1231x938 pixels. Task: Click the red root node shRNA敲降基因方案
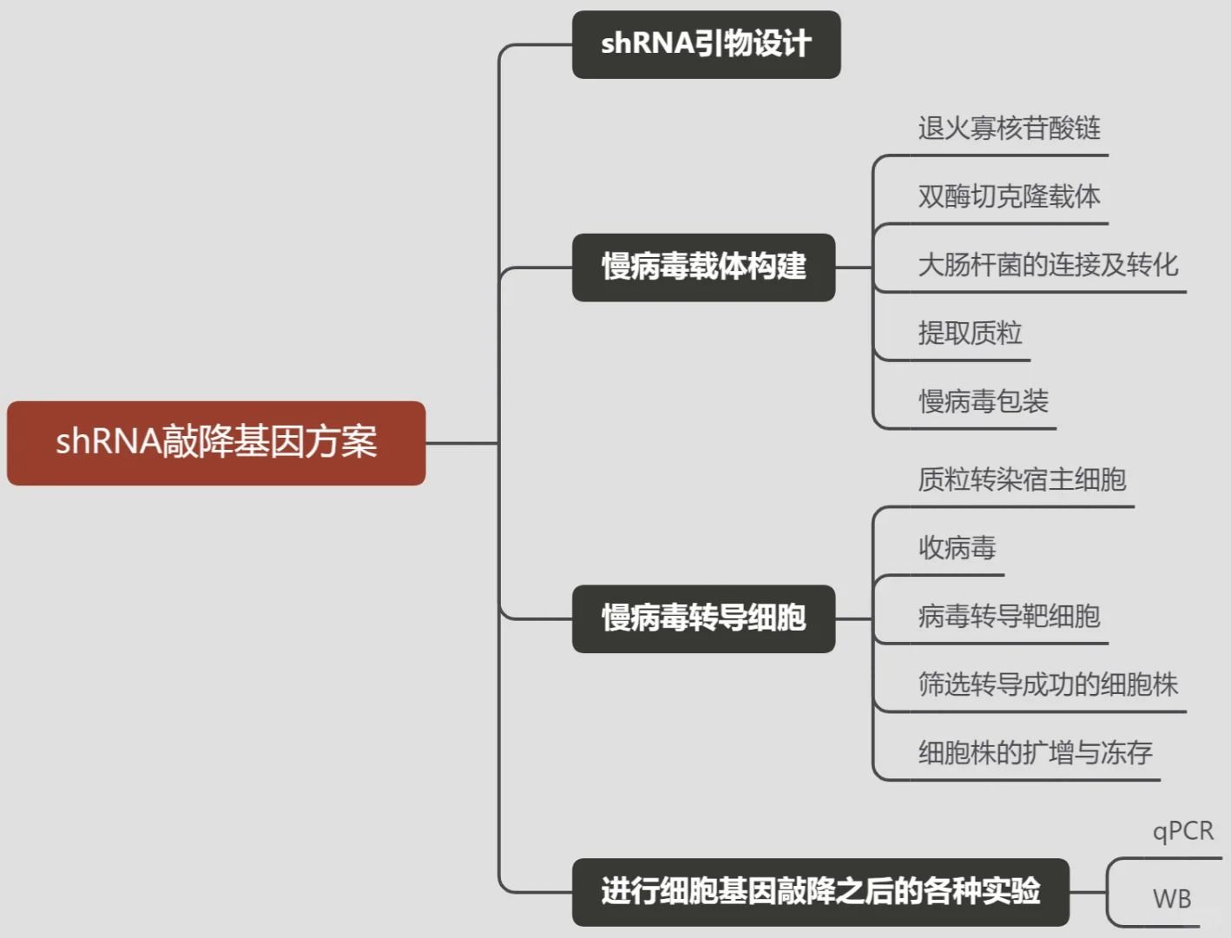click(216, 442)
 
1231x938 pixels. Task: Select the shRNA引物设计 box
click(706, 44)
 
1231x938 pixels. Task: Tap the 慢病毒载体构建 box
click(703, 267)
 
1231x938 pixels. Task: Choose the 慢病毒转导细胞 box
click(703, 618)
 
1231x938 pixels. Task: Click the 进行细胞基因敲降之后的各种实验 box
click(820, 891)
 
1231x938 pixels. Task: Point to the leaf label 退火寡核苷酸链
click(1009, 129)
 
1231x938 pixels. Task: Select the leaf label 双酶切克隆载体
click(1009, 196)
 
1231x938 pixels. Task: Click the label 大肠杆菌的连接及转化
click(1048, 265)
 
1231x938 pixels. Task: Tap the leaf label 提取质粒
click(970, 333)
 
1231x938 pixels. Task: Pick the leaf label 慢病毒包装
click(983, 401)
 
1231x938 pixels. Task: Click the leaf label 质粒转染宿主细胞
click(1022, 479)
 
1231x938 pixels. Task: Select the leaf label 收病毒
click(957, 548)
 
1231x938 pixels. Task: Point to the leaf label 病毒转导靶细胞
click(1009, 617)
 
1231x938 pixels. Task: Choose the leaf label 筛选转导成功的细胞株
click(1048, 684)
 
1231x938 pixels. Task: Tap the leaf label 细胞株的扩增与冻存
click(1035, 753)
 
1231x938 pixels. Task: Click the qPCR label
click(1182, 831)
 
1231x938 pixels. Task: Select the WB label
click(1171, 899)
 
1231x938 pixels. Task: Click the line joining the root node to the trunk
click(462, 443)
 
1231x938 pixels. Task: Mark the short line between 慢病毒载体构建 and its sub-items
click(853, 268)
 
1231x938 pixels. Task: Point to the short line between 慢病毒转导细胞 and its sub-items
click(853, 619)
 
